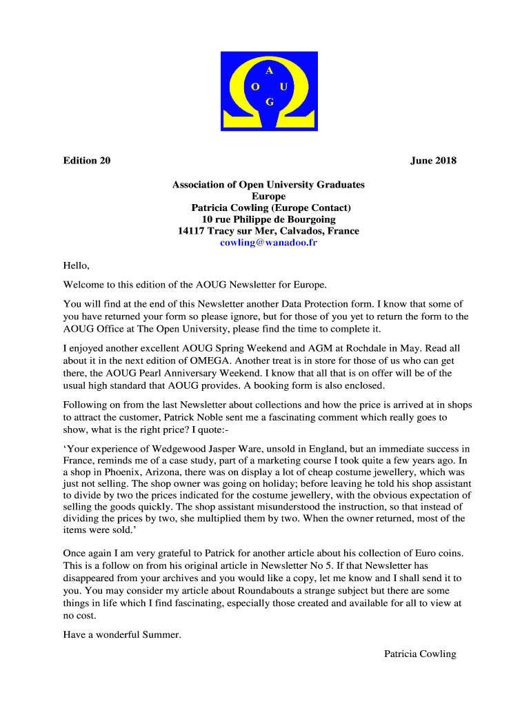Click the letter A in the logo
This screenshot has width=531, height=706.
pos(269,70)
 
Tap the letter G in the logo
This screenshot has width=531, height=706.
pos(270,102)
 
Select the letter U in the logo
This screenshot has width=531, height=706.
pos(283,87)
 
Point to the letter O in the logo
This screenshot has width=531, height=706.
pos(255,87)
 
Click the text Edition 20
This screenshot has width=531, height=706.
pos(87,161)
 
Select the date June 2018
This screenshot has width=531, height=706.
pos(433,161)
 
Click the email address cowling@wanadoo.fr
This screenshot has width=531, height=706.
pos(268,243)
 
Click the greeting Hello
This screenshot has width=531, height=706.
pos(77,265)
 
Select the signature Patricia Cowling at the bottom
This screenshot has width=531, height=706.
pos(420,654)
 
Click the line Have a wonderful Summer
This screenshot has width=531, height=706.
pos(122,635)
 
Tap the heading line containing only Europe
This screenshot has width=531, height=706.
pos(268,196)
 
